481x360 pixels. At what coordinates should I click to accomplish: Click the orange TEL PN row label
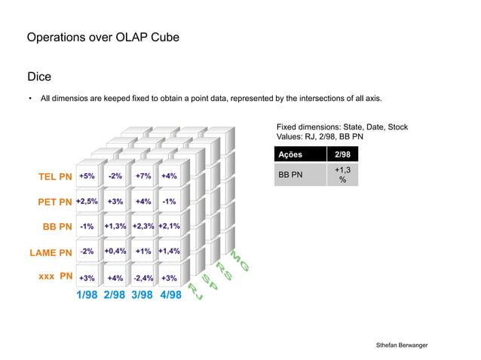point(55,177)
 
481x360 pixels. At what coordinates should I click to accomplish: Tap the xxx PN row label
point(55,276)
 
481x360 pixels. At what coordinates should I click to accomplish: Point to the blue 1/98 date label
point(89,294)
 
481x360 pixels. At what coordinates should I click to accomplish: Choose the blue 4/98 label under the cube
point(170,294)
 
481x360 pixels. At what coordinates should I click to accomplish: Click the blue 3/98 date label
point(143,294)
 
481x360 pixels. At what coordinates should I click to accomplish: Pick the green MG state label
point(240,260)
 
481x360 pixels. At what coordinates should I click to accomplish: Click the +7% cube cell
point(143,176)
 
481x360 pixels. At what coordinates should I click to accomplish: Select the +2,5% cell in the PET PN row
point(87,201)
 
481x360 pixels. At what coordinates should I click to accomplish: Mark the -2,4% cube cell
point(143,278)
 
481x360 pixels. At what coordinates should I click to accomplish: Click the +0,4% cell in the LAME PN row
point(115,251)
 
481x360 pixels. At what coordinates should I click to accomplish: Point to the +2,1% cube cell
point(170,226)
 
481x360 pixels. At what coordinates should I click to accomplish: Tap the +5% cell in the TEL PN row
point(87,176)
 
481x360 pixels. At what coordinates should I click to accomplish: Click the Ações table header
point(290,155)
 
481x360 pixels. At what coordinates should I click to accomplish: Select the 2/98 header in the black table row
point(343,155)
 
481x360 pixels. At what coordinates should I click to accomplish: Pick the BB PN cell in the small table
point(290,175)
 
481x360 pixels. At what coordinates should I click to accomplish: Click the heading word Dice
point(38,77)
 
